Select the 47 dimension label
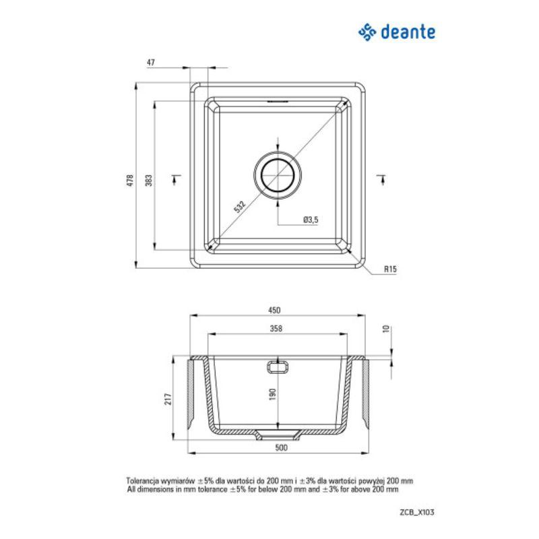151,62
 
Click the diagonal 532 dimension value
240,207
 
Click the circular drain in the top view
277,173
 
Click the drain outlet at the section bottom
277,431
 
